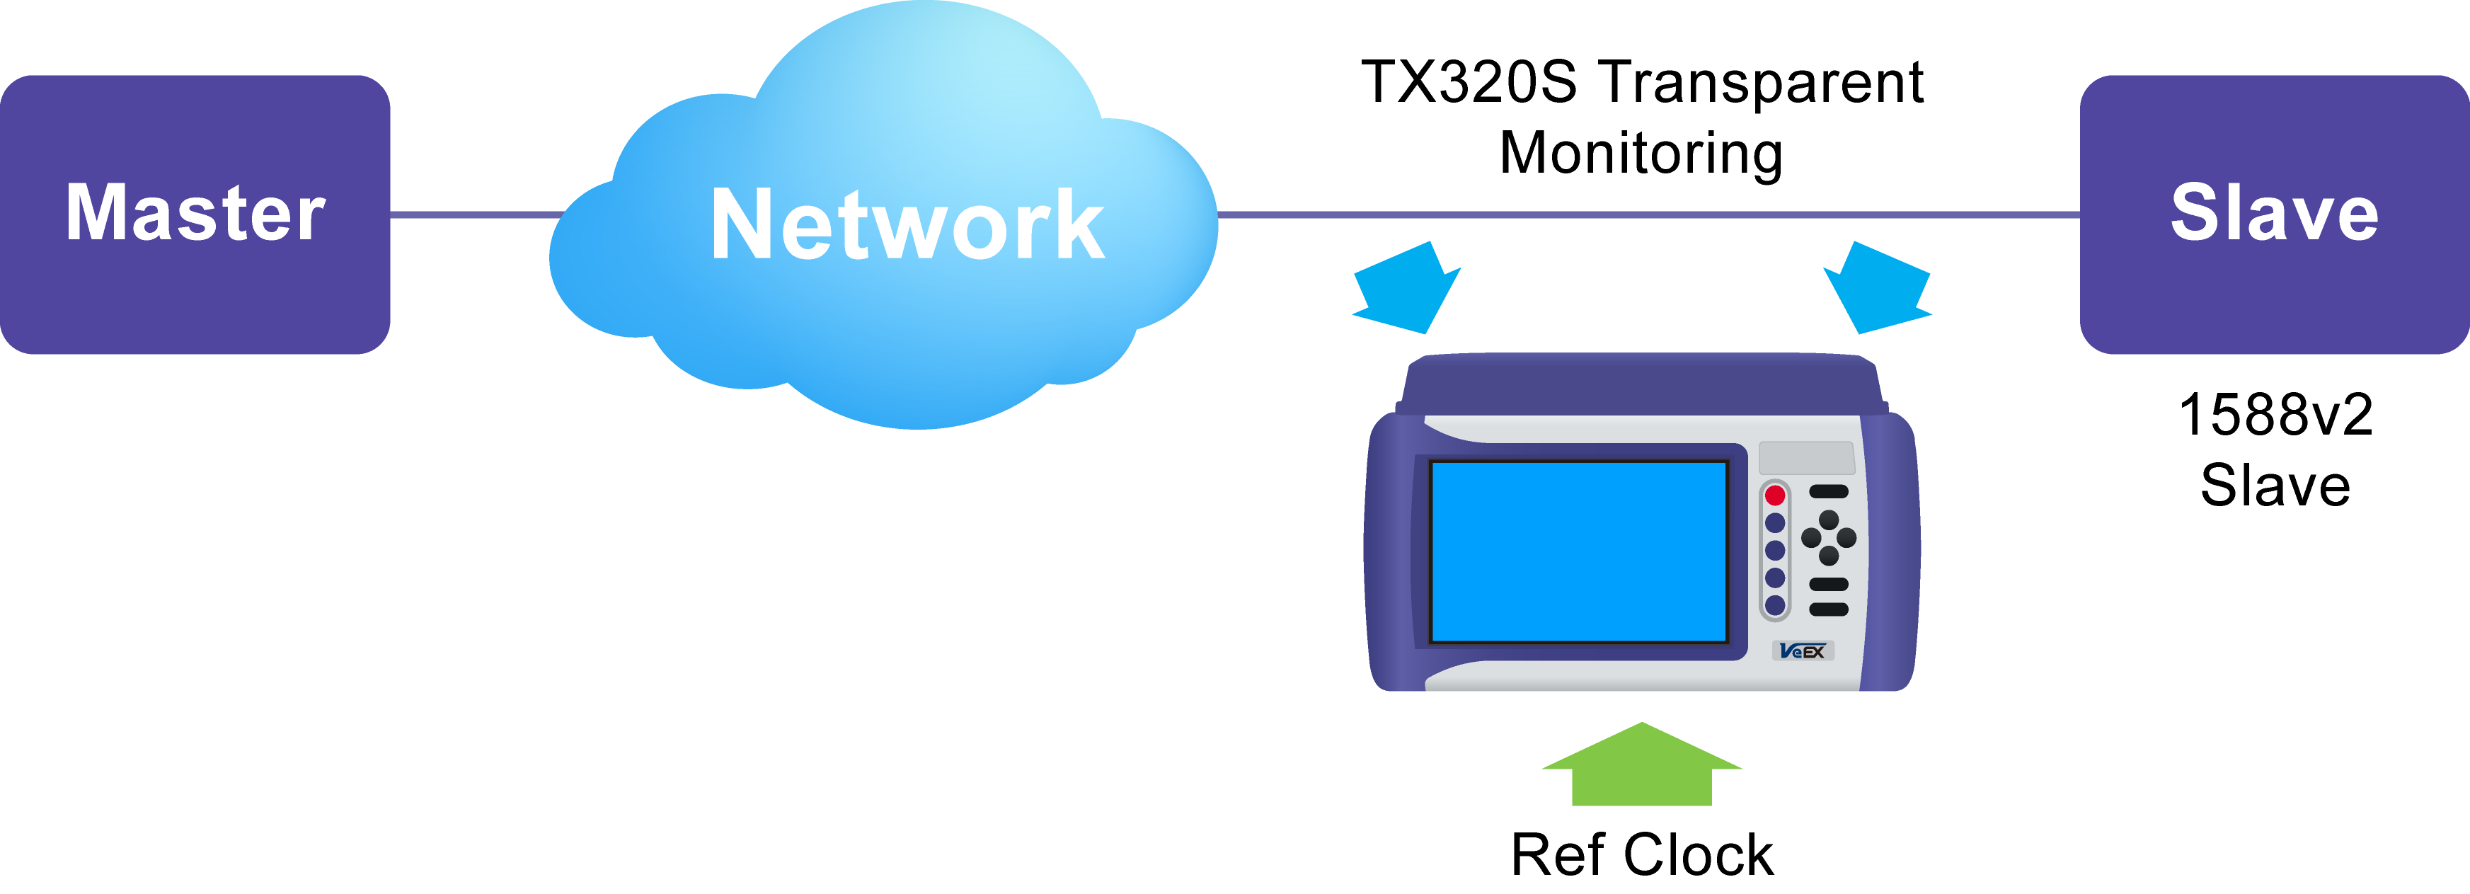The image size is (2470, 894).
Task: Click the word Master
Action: [x=195, y=213]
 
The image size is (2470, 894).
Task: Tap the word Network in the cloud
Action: [x=907, y=225]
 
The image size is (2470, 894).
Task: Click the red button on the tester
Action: [x=1775, y=495]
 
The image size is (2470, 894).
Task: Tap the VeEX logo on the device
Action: [x=1803, y=651]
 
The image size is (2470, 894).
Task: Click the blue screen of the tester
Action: [x=1578, y=551]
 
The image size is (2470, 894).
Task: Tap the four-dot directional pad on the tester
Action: [x=1829, y=537]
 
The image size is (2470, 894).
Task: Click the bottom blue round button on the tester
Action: [x=1775, y=605]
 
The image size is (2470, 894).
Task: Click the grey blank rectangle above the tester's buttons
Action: [x=1806, y=457]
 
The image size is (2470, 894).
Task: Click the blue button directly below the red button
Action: [x=1775, y=524]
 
